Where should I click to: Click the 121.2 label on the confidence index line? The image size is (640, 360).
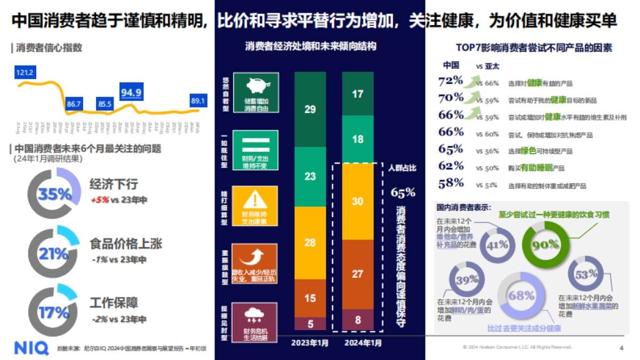pos(25,73)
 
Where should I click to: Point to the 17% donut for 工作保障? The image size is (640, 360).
pos(54,311)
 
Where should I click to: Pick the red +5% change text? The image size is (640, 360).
pos(99,200)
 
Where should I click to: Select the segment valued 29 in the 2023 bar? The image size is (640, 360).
pos(310,109)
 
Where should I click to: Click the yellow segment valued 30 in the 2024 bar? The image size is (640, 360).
pos(358,201)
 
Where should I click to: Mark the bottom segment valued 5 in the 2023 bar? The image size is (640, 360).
pos(310,323)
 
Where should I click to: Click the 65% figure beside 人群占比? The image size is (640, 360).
pos(403,192)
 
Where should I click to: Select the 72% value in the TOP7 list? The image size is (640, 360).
pos(451,81)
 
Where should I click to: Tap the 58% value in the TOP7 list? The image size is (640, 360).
pos(451,183)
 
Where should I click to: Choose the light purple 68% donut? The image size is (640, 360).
pos(521,295)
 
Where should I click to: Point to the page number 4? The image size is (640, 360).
pos(621,348)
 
